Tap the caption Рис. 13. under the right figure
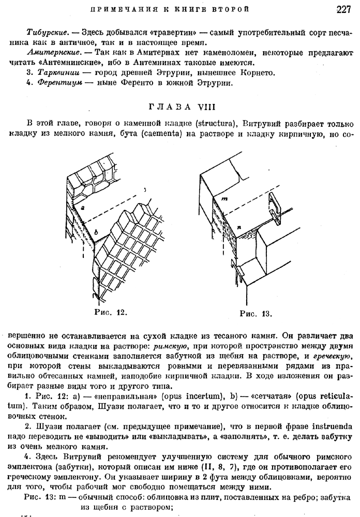pos(256,313)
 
